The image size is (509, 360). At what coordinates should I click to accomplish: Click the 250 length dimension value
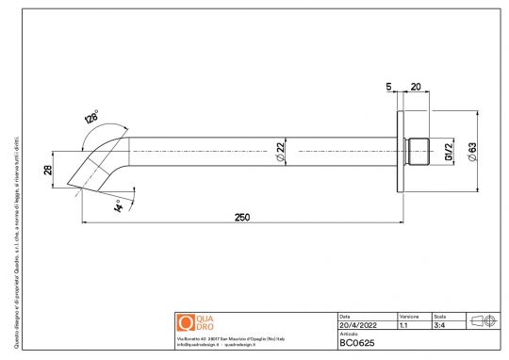242,217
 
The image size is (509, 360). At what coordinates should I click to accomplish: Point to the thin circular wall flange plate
402,151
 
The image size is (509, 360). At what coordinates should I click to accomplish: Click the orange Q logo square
184,322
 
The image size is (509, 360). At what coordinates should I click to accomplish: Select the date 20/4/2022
356,325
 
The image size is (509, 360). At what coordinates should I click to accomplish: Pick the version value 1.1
403,325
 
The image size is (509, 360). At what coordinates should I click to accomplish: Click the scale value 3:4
438,325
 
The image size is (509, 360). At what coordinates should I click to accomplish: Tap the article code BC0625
358,344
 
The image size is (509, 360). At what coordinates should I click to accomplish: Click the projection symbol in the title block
483,321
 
